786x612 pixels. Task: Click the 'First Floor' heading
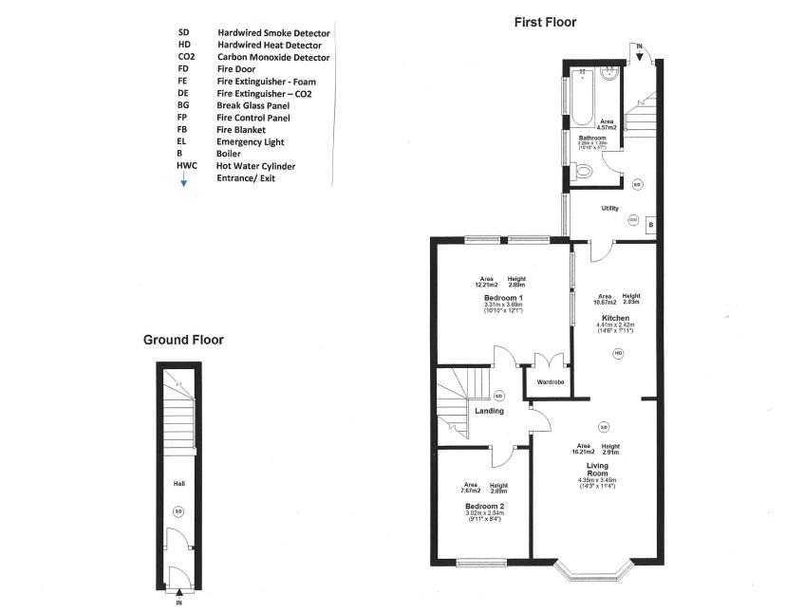point(545,22)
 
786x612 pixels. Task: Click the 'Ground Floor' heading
point(183,340)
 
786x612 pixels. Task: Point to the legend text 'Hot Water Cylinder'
point(255,166)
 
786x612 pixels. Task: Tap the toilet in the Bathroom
point(584,172)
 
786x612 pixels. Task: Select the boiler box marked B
point(650,226)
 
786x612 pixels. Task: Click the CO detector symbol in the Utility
point(633,220)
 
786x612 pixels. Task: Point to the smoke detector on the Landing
point(499,395)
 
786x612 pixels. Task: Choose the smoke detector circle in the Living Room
point(603,426)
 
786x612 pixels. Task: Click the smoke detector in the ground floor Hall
point(178,512)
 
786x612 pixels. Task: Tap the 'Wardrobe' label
point(551,382)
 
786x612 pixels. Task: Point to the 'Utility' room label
point(609,208)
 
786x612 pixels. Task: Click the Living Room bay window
point(591,570)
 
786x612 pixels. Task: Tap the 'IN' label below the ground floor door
point(178,602)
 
